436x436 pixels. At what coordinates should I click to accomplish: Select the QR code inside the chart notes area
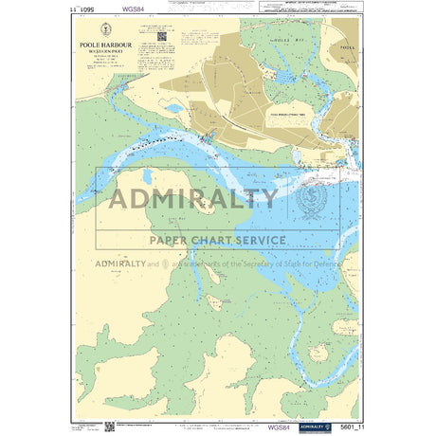pos(161,38)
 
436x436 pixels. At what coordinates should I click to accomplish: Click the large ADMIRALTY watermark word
pos(194,198)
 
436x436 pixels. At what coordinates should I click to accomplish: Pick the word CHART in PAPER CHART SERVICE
pos(213,240)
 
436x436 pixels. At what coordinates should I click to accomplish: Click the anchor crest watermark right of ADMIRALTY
pos(314,198)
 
